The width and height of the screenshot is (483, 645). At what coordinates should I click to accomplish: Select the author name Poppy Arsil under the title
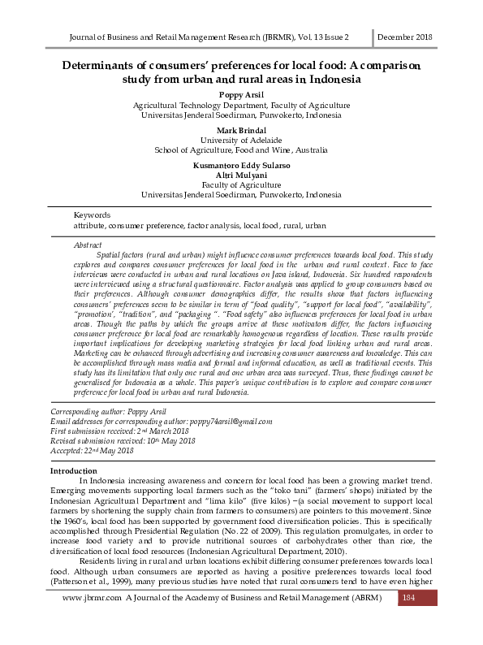[x=241, y=95]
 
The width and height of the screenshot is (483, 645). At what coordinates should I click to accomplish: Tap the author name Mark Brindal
[x=241, y=130]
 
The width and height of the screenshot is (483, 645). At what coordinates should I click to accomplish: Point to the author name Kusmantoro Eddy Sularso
[x=241, y=166]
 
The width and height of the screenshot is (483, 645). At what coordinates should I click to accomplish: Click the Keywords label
[x=92, y=214]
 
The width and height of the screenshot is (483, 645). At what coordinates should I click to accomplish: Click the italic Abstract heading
[x=88, y=245]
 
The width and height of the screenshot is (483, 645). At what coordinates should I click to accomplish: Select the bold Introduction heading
[x=74, y=471]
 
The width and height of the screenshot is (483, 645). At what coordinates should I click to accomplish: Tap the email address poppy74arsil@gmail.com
[x=230, y=422]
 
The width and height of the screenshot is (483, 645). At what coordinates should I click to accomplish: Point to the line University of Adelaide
[x=241, y=141]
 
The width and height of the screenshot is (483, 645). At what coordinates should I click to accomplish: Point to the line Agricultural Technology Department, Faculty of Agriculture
[x=241, y=106]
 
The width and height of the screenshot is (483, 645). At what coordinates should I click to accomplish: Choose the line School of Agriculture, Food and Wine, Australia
[x=241, y=150]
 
